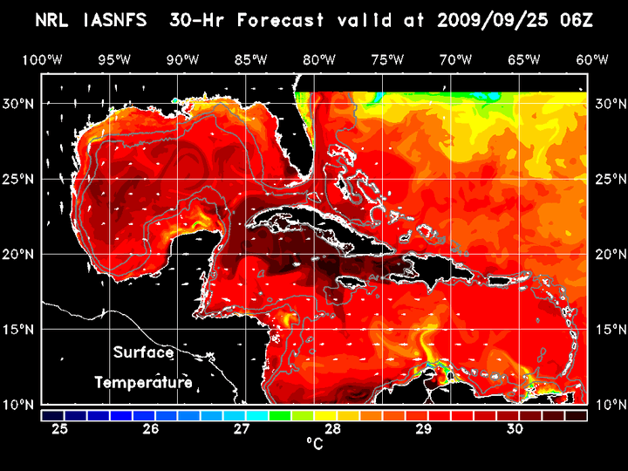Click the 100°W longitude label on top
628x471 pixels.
(x=41, y=59)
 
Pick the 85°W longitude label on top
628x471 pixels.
(x=250, y=59)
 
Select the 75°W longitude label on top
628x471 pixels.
(x=387, y=59)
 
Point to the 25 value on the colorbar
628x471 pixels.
(x=60, y=429)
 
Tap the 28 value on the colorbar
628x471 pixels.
(x=332, y=429)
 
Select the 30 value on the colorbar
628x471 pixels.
(x=514, y=429)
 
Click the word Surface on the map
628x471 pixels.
(x=143, y=353)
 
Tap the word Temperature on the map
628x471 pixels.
(x=143, y=382)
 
